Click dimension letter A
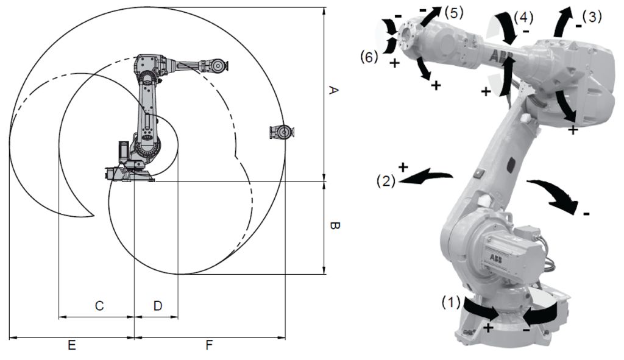coord(333,90)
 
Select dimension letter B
coord(335,227)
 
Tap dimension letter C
coord(99,306)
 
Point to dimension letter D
coord(158,306)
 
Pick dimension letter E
coord(72,345)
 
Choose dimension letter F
coord(210,345)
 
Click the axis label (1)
coord(451,303)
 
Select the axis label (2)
coord(386,181)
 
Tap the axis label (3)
coord(592,16)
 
